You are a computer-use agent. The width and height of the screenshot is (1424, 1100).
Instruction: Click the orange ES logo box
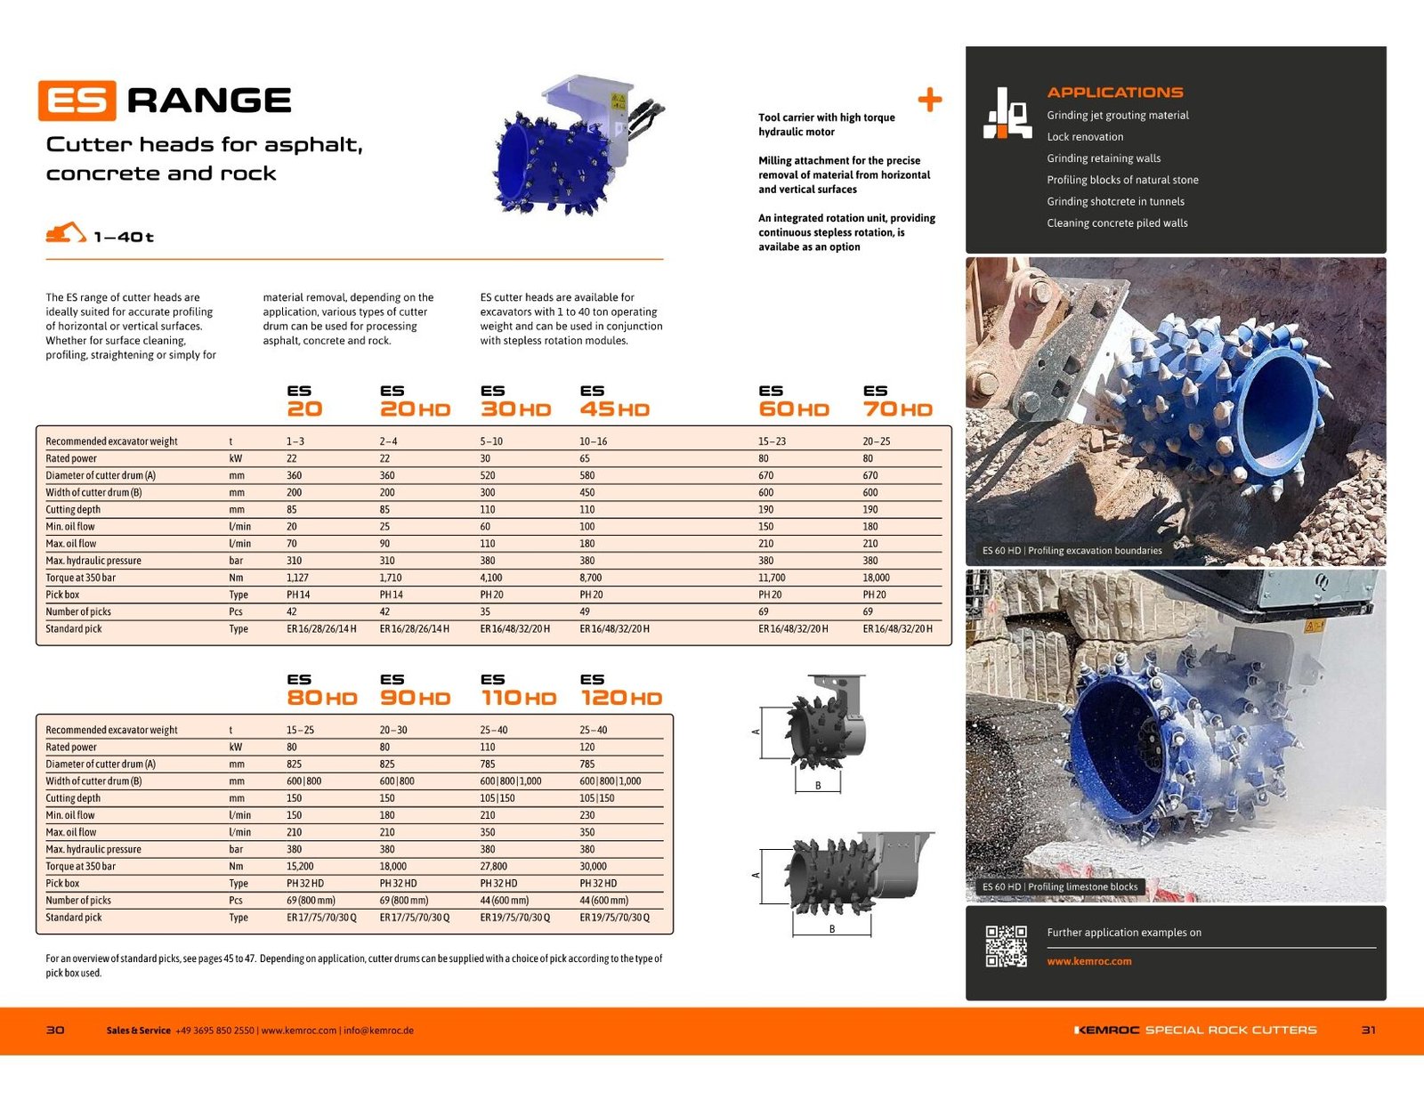[77, 101]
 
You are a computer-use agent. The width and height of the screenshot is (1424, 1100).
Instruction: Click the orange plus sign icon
[930, 101]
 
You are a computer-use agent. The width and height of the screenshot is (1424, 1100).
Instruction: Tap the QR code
[1006, 946]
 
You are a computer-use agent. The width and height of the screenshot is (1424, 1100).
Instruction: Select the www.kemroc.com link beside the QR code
[1089, 961]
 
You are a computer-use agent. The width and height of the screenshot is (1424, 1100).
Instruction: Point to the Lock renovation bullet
[1085, 137]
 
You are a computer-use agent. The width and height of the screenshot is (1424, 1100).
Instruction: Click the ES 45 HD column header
[615, 401]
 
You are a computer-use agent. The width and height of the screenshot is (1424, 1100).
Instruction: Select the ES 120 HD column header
[621, 690]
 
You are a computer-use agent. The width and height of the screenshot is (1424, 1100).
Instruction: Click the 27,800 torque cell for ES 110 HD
[493, 866]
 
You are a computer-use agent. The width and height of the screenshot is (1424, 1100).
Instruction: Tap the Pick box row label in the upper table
[62, 594]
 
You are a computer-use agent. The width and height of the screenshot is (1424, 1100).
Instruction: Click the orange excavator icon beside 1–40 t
[66, 232]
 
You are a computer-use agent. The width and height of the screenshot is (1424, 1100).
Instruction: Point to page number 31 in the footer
[1368, 1030]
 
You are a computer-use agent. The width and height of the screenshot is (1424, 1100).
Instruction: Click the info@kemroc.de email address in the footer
[379, 1031]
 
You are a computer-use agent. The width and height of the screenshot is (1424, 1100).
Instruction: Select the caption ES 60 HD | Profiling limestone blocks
[1060, 887]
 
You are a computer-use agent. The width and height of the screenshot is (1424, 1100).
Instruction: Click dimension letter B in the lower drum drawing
[831, 928]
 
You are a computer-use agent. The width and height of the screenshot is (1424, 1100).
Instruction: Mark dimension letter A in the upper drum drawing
[756, 732]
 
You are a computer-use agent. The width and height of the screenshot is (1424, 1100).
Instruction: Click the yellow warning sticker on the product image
[619, 101]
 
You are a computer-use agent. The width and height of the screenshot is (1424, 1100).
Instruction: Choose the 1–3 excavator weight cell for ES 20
[295, 441]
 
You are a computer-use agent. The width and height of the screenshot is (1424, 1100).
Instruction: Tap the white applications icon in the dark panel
[1007, 113]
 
